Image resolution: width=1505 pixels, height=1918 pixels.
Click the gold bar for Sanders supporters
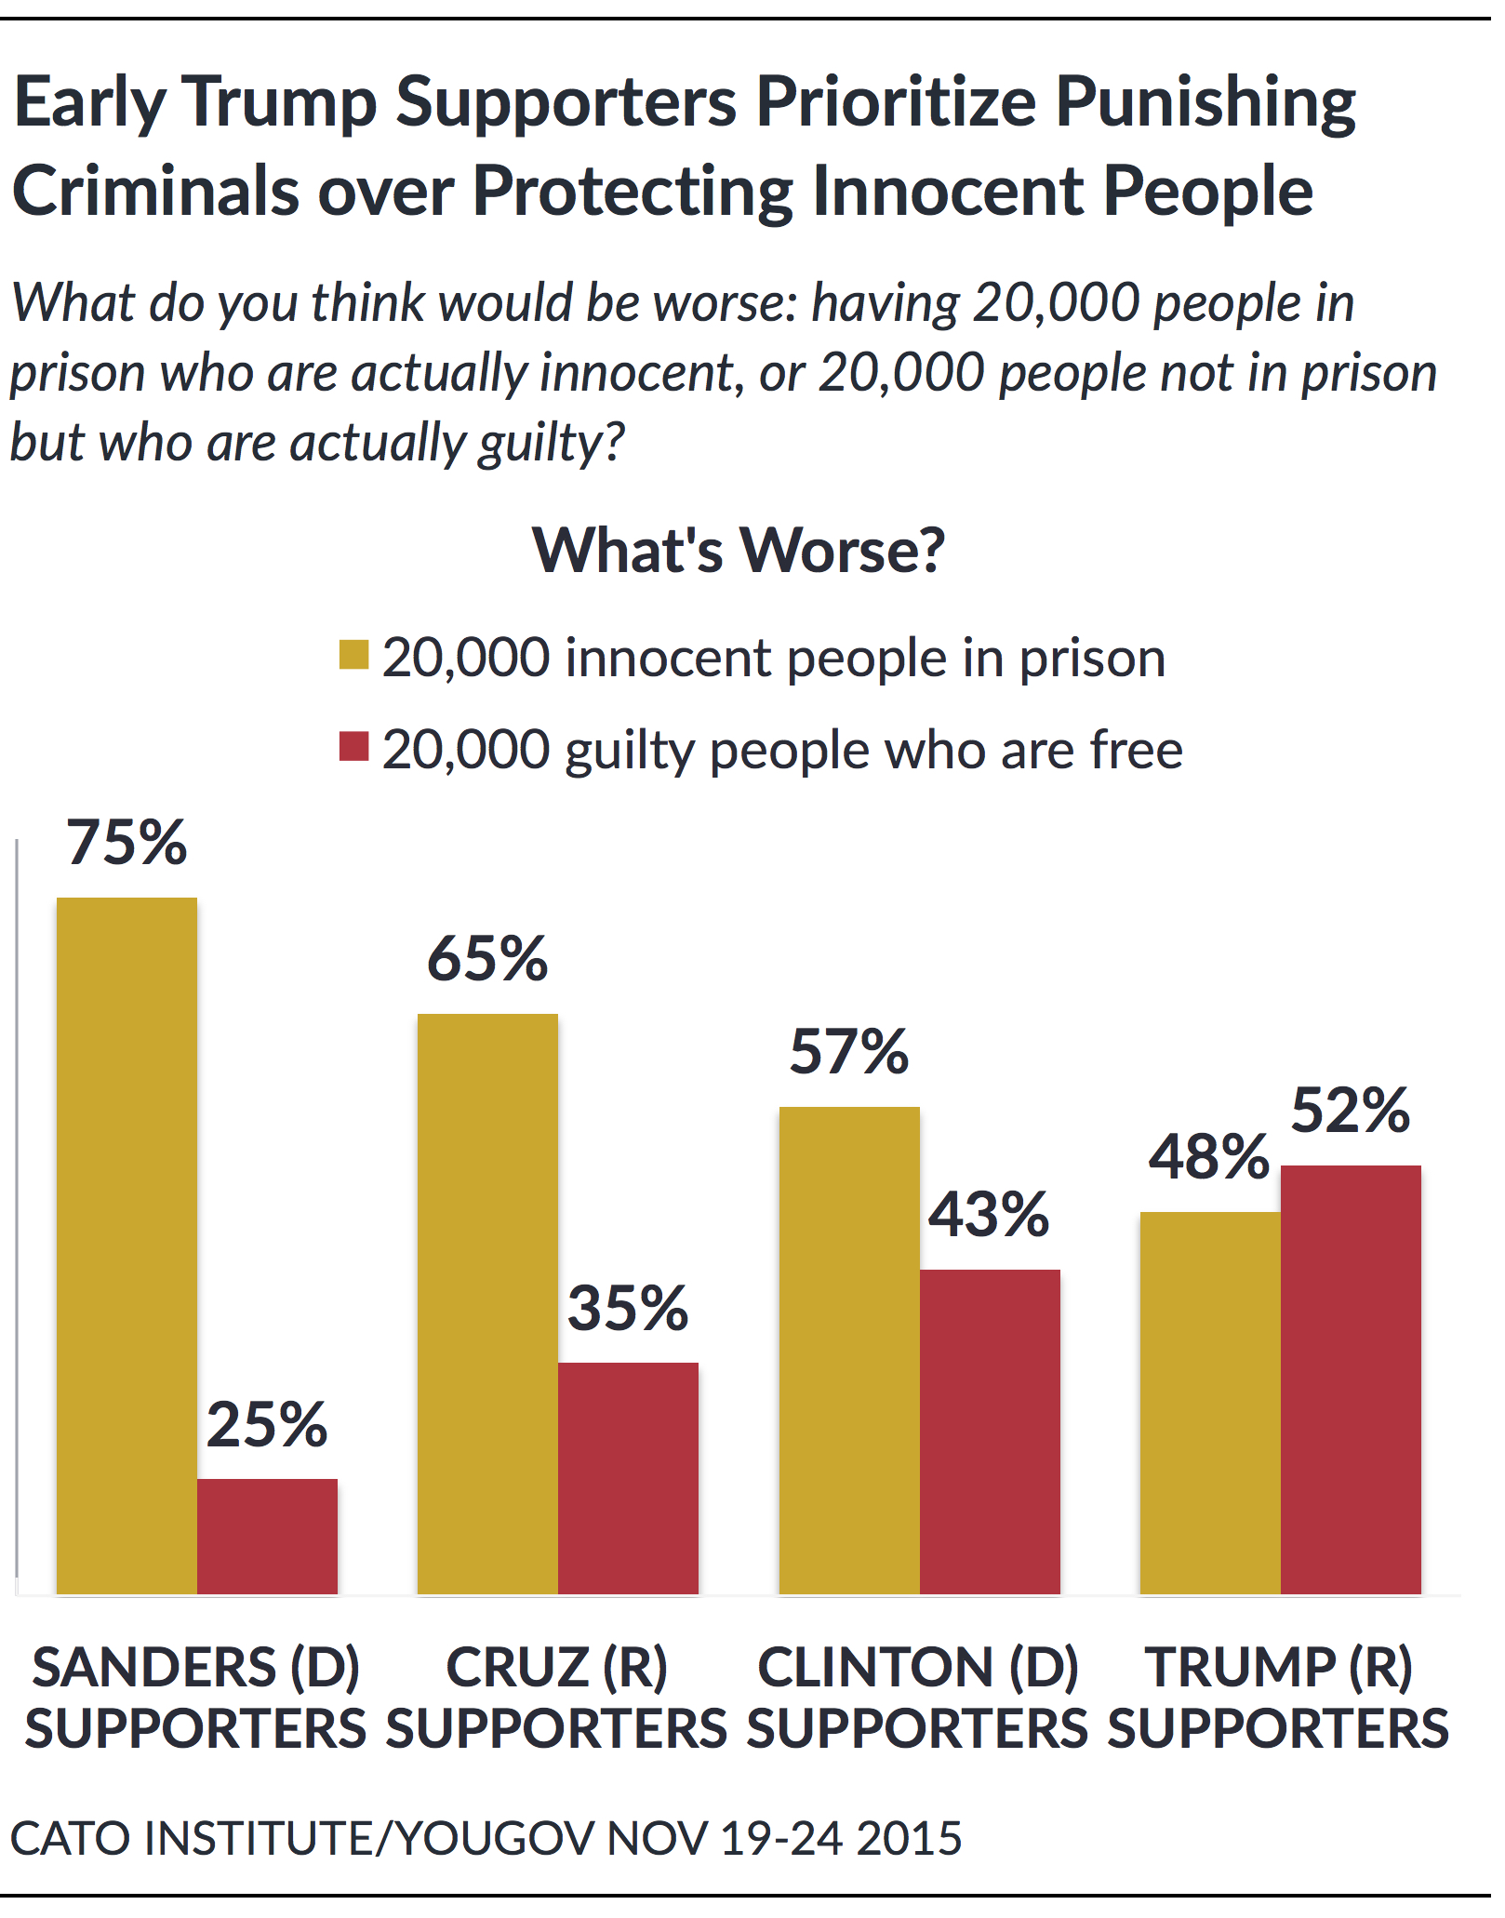127,1246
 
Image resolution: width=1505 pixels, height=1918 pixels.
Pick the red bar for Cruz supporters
628,1478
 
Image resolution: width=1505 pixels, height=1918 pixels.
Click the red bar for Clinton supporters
990,1432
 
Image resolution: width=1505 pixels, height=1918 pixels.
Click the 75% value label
127,843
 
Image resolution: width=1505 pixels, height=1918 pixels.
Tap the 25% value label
267,1424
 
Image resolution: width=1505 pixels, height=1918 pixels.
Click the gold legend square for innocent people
354,655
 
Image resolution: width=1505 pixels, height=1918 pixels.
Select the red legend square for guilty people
354,746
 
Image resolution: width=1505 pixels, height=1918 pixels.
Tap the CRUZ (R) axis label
556,1667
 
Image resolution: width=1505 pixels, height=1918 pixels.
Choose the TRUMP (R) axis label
1279,1667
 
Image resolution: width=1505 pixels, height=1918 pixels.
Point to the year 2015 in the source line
909,1838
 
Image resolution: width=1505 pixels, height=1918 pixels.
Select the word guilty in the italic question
539,443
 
